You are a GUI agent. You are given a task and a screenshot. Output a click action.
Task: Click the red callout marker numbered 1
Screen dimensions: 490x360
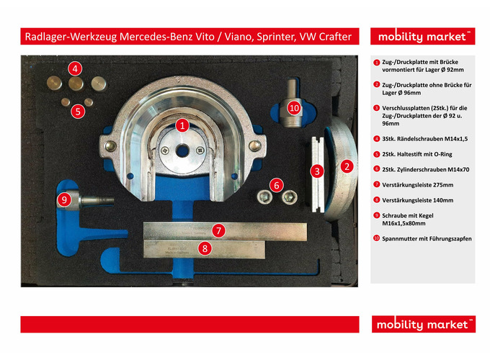click(182, 125)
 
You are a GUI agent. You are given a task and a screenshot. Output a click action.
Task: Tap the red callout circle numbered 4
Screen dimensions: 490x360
click(75, 68)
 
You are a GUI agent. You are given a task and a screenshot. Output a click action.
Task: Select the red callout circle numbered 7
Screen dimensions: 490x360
click(218, 230)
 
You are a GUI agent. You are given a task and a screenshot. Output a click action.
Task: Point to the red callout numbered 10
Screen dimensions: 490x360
click(294, 108)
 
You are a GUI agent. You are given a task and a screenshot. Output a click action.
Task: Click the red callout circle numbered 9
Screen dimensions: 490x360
click(64, 200)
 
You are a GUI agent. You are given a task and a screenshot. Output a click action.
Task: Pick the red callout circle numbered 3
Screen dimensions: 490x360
click(317, 171)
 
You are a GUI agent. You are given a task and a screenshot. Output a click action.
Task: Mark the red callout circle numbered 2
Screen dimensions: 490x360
click(347, 166)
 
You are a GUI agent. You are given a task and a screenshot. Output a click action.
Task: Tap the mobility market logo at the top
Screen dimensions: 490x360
click(423, 36)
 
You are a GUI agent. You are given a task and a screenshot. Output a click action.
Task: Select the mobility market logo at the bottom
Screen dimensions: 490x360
click(424, 324)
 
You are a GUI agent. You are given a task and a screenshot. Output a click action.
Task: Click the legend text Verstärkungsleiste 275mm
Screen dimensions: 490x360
click(417, 185)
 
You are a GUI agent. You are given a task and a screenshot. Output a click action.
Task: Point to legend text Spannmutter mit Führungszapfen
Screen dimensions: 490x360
click(427, 238)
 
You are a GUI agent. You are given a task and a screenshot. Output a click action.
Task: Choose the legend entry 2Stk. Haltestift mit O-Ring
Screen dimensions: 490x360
click(417, 154)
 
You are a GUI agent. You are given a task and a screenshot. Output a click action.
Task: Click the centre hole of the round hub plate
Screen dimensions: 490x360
click(182, 151)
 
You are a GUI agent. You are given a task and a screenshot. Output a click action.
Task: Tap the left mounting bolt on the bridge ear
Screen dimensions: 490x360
click(110, 145)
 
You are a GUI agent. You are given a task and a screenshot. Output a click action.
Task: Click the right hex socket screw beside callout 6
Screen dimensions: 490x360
click(290, 197)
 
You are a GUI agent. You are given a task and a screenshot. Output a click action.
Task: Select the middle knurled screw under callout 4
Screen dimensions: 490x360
click(76, 84)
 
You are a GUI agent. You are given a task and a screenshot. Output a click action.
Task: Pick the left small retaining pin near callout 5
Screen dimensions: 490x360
click(66, 102)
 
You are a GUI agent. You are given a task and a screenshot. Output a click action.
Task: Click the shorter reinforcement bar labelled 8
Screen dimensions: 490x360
click(205, 249)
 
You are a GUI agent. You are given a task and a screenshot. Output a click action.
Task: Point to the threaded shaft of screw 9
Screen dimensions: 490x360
click(97, 200)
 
